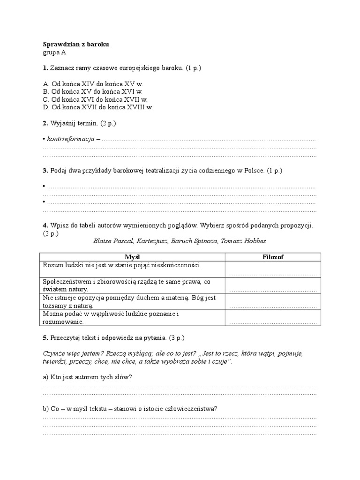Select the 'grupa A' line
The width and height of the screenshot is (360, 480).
pos(54,52)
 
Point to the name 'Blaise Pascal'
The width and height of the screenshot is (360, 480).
pos(113,241)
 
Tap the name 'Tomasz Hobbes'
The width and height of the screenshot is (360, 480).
pos(243,241)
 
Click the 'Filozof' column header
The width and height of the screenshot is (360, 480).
pos(273,257)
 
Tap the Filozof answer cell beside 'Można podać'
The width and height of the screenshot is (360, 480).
pos(273,318)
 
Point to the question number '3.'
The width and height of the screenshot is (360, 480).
pos(45,171)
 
